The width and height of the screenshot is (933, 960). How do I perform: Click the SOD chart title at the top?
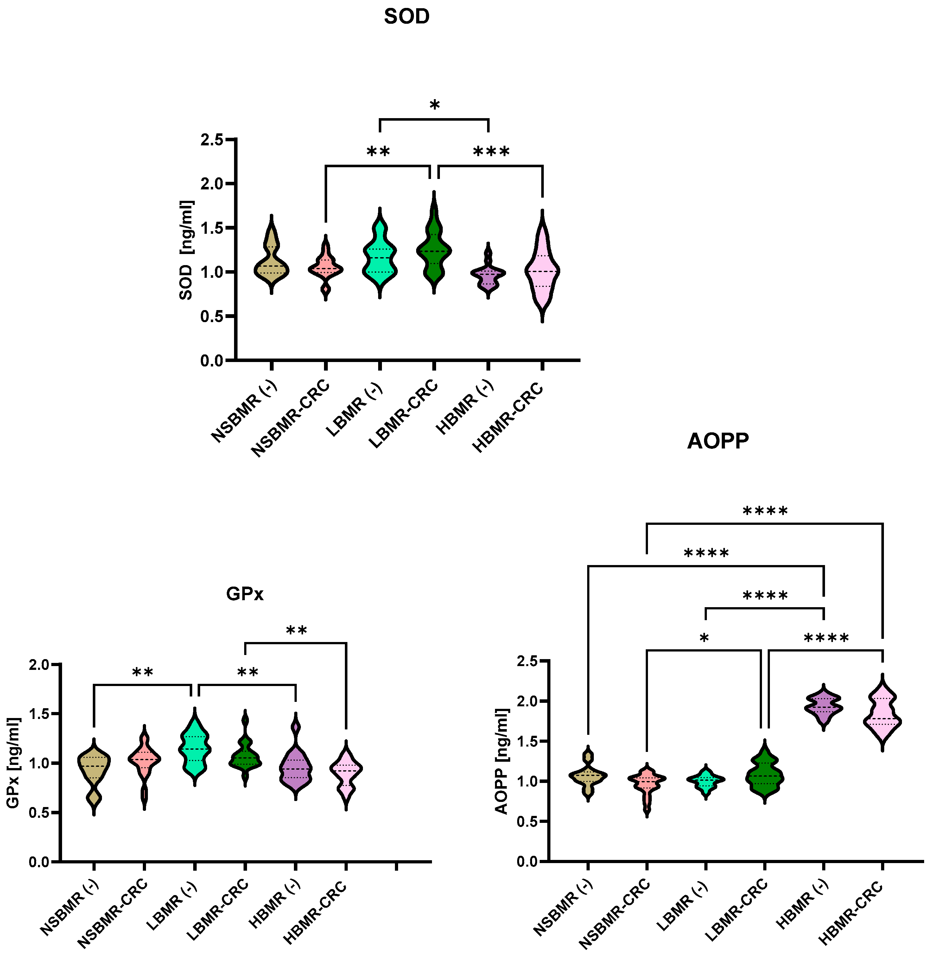406,17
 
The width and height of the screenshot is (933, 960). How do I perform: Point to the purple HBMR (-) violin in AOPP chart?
824,706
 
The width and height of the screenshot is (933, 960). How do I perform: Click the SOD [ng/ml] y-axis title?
186,250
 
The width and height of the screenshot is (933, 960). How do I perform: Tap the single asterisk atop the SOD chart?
435,105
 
